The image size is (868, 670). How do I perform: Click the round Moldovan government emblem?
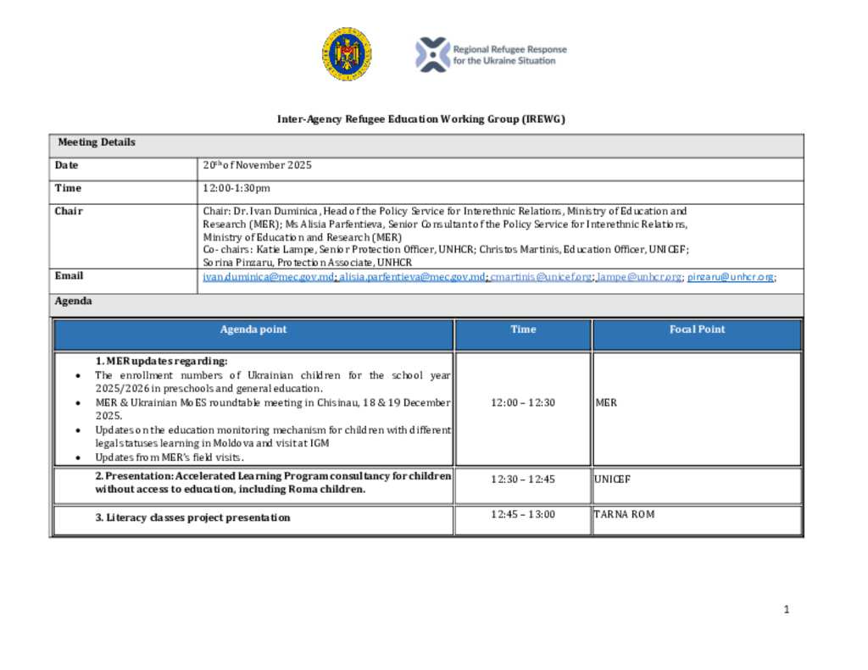(346, 54)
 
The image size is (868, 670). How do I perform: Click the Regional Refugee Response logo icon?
(431, 54)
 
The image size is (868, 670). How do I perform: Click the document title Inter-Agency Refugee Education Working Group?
(420, 119)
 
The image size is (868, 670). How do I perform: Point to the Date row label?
(67, 165)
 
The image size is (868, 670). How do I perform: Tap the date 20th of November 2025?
(257, 165)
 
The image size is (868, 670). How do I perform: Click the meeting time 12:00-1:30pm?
(236, 188)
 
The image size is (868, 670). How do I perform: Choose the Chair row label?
(69, 211)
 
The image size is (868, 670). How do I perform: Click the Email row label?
(70, 276)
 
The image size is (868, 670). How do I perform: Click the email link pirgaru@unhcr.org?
(730, 277)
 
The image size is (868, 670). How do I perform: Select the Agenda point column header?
(253, 329)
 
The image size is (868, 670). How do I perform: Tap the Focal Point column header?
(697, 329)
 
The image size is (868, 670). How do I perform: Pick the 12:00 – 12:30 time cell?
(522, 402)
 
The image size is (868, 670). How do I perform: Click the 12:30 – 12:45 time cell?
(522, 479)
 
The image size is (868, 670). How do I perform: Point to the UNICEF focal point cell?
(612, 479)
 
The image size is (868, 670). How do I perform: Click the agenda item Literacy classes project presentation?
(192, 518)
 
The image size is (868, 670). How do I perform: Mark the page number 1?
(787, 609)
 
